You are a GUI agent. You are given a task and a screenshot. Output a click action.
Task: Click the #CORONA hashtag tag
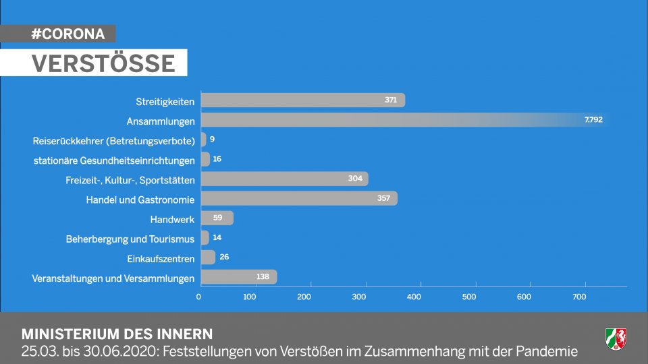pos(67,34)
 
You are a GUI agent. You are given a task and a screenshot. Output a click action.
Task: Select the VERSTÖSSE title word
pos(103,63)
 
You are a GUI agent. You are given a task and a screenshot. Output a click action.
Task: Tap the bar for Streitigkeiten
pos(302,100)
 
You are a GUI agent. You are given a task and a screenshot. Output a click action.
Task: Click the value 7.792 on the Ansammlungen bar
pos(593,120)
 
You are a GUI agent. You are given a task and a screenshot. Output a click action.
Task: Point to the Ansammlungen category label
pos(161,121)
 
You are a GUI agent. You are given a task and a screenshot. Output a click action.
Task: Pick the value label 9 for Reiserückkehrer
pos(212,140)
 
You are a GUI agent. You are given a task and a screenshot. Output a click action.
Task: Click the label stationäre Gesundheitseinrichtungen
pos(114,160)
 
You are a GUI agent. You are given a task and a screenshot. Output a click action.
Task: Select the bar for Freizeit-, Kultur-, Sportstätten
pos(283,179)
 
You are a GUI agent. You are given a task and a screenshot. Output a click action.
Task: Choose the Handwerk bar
pos(217,218)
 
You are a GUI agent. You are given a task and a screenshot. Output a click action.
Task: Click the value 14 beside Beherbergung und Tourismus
pos(217,238)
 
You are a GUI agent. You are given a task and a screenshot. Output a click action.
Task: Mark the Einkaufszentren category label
pos(161,258)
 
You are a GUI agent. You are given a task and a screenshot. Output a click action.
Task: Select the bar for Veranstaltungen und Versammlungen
pos(238,277)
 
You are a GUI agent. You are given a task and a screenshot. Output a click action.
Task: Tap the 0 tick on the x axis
pos(199,297)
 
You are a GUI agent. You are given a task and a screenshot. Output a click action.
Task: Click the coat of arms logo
pos(616,339)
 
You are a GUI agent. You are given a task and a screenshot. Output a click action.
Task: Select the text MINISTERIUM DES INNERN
pos(117,334)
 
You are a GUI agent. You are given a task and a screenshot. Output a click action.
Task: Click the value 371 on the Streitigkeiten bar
pos(391,100)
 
